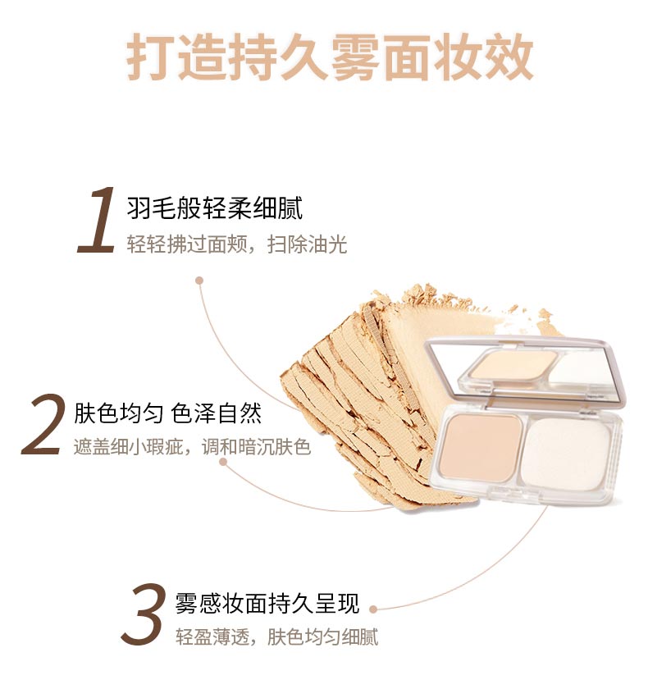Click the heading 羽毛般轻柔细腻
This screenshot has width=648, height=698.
coord(215,208)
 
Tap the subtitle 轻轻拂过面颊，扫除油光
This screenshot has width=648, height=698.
coord(237,245)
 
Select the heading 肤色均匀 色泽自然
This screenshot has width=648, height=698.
coord(168,413)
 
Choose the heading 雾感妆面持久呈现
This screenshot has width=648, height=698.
coord(267,603)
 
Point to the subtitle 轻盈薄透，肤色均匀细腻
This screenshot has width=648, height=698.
coord(276,638)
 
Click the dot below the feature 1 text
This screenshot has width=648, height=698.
coord(199,280)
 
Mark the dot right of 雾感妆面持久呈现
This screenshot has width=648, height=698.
coord(373,609)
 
